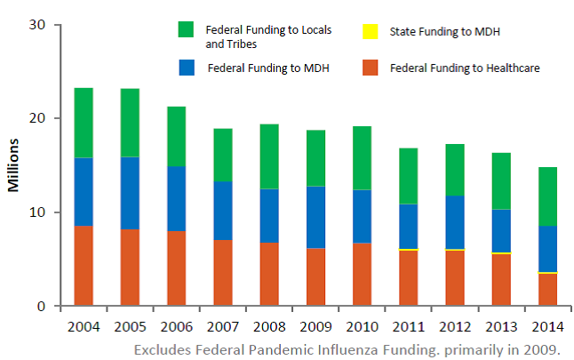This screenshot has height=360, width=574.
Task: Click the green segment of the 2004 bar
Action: pos(84,123)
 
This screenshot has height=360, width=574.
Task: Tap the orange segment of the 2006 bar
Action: pos(176,268)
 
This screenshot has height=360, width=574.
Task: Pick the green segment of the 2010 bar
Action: pos(362,157)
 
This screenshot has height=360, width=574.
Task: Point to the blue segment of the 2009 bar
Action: pos(315,217)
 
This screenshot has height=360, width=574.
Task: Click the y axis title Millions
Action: pos(13,164)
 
